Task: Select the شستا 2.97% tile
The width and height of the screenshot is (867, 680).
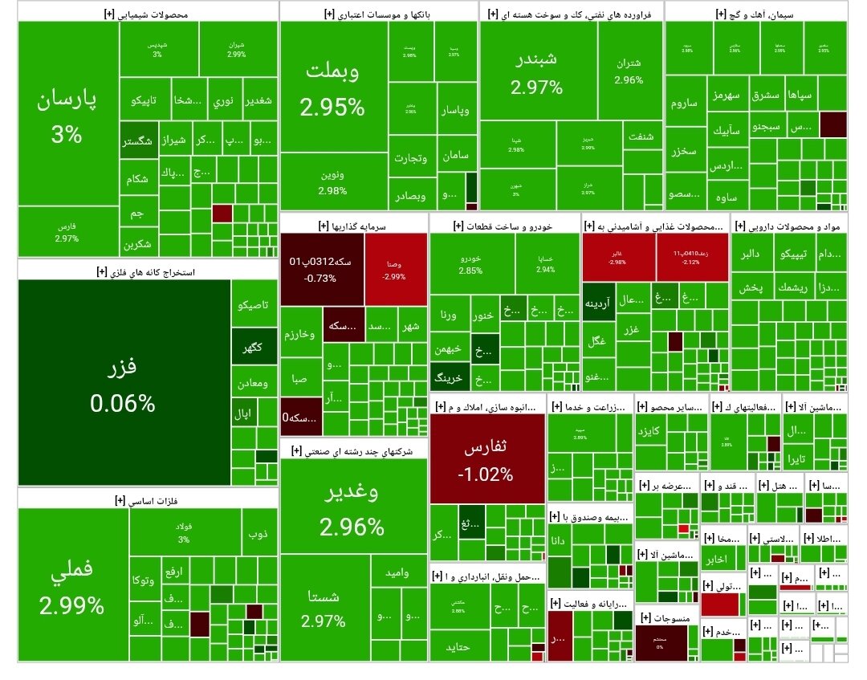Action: pos(324,608)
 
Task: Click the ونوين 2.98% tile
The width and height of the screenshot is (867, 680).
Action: pos(332,184)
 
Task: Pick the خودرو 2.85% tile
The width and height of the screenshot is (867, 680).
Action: pos(470,264)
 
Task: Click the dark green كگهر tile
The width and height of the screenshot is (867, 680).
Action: pos(253,348)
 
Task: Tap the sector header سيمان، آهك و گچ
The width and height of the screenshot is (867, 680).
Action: pos(755,14)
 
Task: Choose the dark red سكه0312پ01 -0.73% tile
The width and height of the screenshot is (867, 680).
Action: pos(321,269)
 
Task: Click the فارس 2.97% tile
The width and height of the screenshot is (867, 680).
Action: pos(67,233)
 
